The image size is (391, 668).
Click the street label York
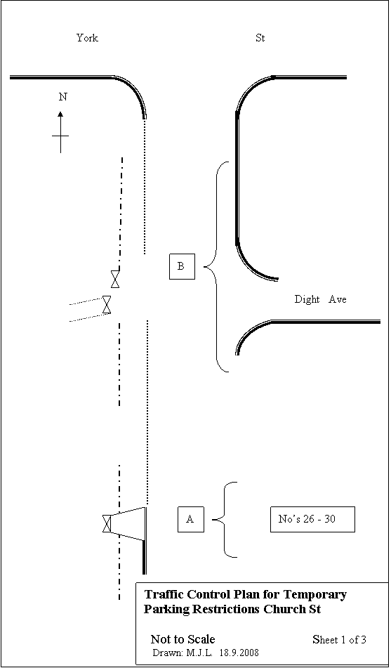[87, 38]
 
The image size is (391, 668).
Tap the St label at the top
[260, 38]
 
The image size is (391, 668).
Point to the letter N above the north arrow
[62, 97]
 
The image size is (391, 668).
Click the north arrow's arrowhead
[60, 114]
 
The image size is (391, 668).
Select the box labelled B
[182, 266]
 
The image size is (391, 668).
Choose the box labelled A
[190, 519]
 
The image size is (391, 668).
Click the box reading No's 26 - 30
[312, 519]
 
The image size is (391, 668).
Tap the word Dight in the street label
[307, 299]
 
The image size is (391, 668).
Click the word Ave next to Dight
[338, 299]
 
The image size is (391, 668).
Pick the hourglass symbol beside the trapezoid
[107, 523]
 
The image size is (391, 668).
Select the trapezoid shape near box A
[128, 523]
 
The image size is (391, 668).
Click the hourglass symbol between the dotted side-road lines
[107, 305]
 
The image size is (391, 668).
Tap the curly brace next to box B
[216, 267]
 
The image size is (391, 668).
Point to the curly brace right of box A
[225, 519]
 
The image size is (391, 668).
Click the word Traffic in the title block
[161, 594]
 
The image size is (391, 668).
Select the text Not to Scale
[183, 639]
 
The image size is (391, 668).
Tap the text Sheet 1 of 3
[340, 639]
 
